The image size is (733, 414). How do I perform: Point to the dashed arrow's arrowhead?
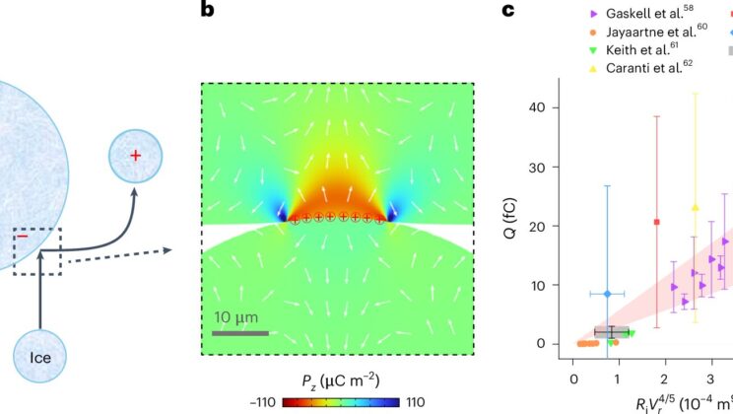coord(168,250)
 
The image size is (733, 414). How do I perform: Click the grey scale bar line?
coord(239,332)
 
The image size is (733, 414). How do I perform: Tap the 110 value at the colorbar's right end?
coord(415,402)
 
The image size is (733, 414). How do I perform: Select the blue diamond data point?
coord(608,294)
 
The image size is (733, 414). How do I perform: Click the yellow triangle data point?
coord(696,207)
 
